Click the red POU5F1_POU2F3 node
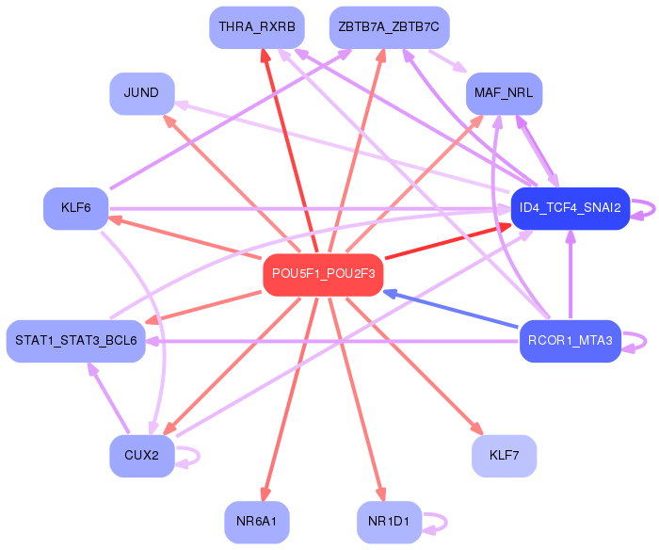[x=323, y=275]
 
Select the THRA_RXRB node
[x=257, y=27]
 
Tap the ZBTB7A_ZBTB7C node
[x=389, y=27]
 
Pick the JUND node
[x=142, y=93]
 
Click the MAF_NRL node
[x=504, y=93]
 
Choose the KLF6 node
[x=76, y=208]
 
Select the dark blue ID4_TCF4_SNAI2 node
[x=571, y=208]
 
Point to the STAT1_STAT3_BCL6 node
[x=76, y=341]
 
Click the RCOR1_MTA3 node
[x=571, y=341]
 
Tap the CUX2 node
[x=142, y=456]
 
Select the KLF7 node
[x=504, y=456]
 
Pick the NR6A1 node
[x=257, y=522]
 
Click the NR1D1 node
[x=389, y=522]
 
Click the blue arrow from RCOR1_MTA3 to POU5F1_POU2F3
[x=450, y=309]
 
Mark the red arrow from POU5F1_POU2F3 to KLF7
[x=414, y=365]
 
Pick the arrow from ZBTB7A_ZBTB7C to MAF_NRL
[x=448, y=61]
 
